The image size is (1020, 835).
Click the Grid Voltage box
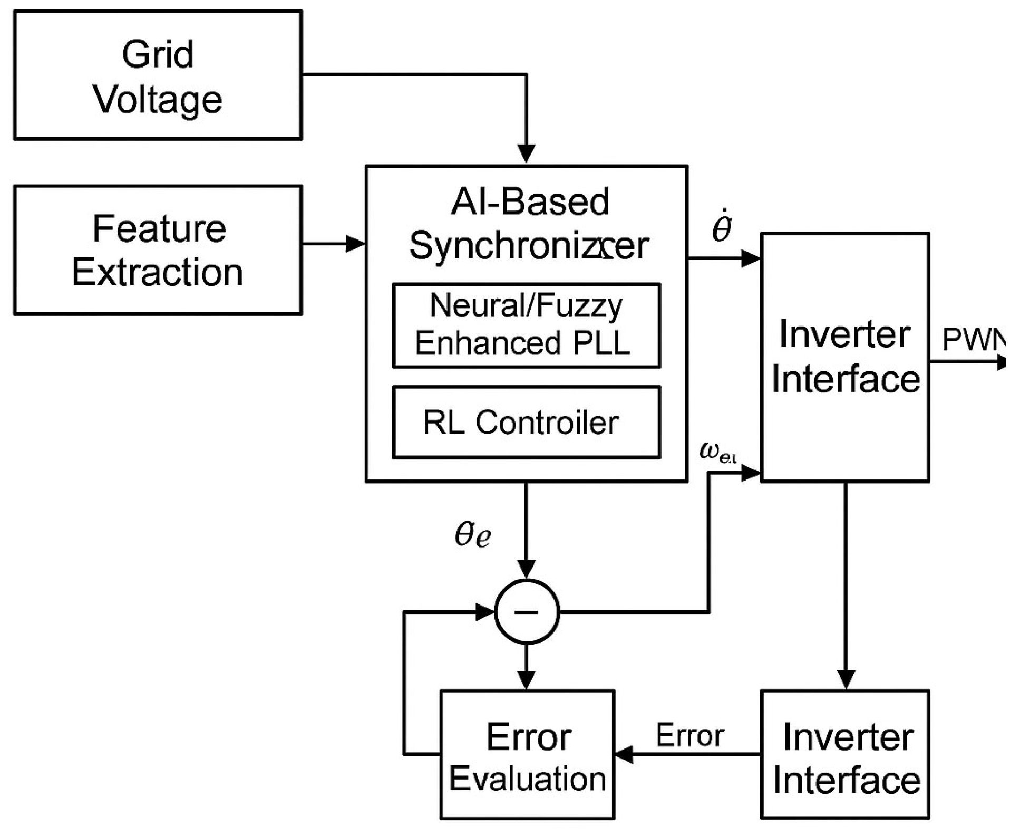[x=158, y=75]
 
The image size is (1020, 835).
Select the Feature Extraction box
[x=158, y=250]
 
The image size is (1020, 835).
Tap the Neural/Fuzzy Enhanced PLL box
[x=526, y=325]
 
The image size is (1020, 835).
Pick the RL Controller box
[x=526, y=422]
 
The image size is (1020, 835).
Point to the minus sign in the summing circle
[x=526, y=612]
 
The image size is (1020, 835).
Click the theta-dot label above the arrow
[x=722, y=227]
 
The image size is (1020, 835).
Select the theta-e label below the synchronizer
[x=473, y=534]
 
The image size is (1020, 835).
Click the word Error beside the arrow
[x=689, y=735]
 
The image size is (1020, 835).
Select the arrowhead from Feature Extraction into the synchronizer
[x=356, y=244]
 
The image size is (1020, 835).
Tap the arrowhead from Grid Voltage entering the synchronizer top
[x=526, y=153]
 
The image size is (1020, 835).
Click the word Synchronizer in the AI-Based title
[x=529, y=246]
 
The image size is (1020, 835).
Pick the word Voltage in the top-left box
[x=158, y=99]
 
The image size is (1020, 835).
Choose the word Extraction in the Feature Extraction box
[x=158, y=272]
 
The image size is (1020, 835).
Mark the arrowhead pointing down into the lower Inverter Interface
[x=846, y=679]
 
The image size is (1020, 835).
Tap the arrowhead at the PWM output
[x=1002, y=362]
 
